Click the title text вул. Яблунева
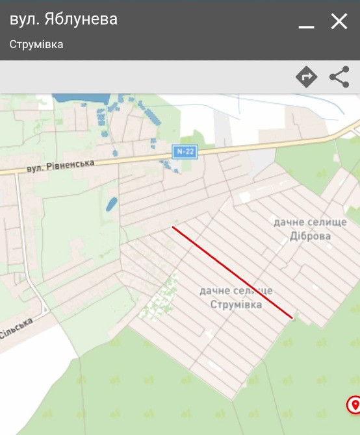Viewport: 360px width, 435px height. (64, 19)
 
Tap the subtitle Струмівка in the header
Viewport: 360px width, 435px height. (36, 45)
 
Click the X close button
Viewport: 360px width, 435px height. (339, 22)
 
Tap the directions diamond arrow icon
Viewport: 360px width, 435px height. (306, 77)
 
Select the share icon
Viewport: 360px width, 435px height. (339, 77)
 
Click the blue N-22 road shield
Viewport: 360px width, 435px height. (185, 151)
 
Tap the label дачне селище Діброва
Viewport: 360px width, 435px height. (309, 229)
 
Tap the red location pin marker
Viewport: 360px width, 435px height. (354, 405)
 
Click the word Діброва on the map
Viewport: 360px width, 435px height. (309, 236)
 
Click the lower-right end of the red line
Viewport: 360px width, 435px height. (292, 317)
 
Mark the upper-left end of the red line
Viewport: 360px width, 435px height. (174, 227)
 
